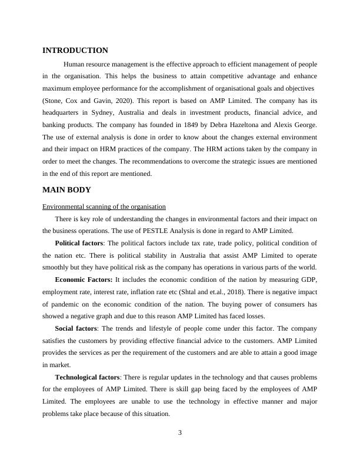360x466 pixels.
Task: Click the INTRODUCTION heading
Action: tap(75, 51)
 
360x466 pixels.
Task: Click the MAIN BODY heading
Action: tap(67, 190)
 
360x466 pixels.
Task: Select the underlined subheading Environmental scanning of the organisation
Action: tap(104, 207)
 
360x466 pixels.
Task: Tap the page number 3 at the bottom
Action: tap(180, 433)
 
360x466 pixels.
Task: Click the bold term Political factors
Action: tap(80, 243)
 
